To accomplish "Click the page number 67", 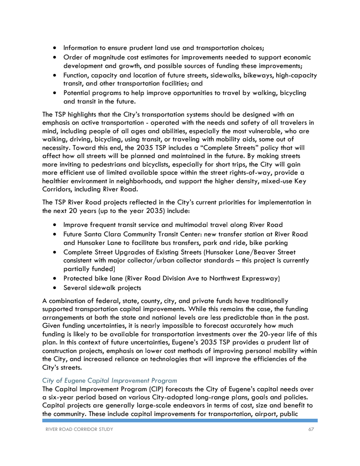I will pos(311,429).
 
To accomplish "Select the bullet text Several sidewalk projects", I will pos(102,288).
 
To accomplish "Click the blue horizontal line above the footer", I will pos(180,421).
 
